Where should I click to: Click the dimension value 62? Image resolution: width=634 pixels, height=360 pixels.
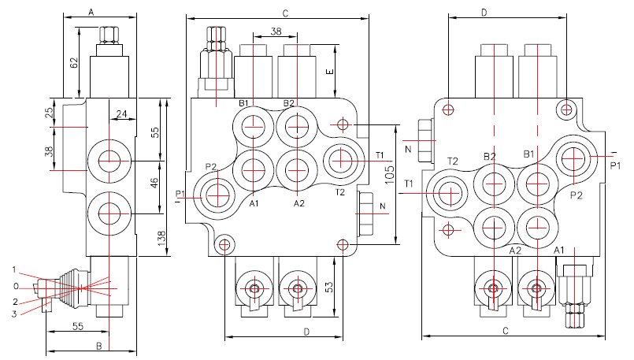[x=74, y=63]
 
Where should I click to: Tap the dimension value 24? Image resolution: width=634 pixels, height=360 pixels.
[x=121, y=115]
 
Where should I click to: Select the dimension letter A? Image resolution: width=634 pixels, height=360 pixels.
[x=91, y=13]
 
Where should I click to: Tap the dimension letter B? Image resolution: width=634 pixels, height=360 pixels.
[x=98, y=345]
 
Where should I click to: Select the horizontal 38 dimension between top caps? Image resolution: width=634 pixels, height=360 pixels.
[x=276, y=32]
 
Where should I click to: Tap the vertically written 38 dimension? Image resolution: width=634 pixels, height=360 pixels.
[x=50, y=151]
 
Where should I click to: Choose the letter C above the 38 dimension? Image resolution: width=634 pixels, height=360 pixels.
[x=285, y=13]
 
